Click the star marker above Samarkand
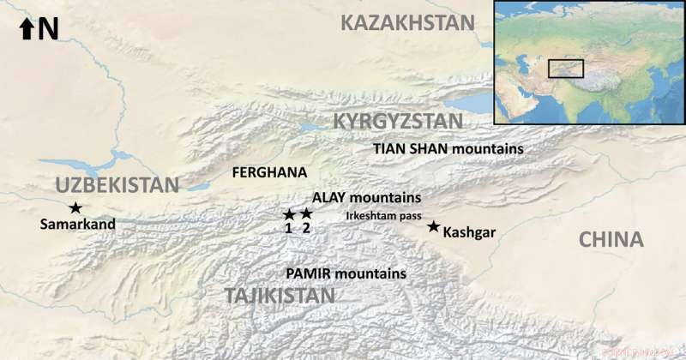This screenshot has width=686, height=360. pyautogui.click(x=75, y=207)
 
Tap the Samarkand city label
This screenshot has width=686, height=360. pyautogui.click(x=77, y=225)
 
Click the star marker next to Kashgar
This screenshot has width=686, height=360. pyautogui.click(x=433, y=226)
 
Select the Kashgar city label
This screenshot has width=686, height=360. pyautogui.click(x=469, y=231)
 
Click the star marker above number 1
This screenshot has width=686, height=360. pyautogui.click(x=289, y=214)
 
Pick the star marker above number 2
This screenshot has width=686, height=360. pyautogui.click(x=306, y=214)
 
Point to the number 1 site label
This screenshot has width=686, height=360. pyautogui.click(x=289, y=228)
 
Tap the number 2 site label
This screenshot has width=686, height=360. pyautogui.click(x=306, y=228)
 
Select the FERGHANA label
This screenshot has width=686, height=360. pyautogui.click(x=269, y=172)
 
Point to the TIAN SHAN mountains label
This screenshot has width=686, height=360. pyautogui.click(x=448, y=148)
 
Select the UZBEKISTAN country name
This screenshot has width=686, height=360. pyautogui.click(x=117, y=184)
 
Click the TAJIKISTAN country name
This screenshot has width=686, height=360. pyautogui.click(x=280, y=296)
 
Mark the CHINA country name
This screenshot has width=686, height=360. pyautogui.click(x=611, y=239)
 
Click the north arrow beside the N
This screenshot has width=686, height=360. pyautogui.click(x=26, y=30)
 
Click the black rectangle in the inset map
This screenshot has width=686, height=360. pyautogui.click(x=566, y=69)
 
